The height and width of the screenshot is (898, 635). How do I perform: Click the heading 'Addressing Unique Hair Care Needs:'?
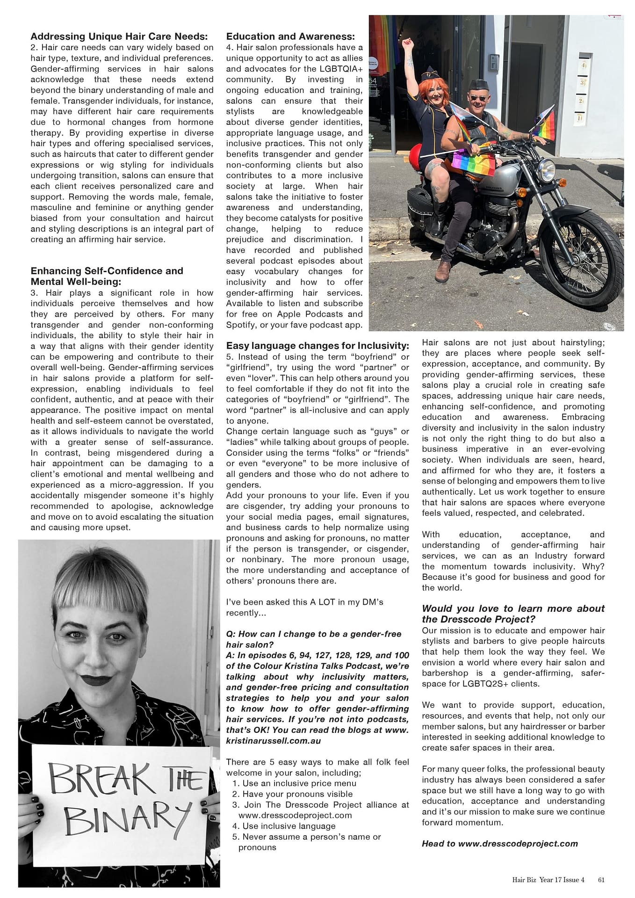119,36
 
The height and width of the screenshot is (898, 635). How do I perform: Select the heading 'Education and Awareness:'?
290,36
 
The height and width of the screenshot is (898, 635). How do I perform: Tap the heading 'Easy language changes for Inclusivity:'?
317,346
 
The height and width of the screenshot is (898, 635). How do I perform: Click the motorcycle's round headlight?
546,171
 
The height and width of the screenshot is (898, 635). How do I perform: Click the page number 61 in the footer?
601,880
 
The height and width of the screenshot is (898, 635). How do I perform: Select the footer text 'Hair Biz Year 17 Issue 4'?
548,880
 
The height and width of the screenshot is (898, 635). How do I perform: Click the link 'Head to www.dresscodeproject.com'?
499,844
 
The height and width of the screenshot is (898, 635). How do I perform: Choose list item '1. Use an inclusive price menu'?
294,783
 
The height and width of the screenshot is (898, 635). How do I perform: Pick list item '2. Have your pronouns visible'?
292,794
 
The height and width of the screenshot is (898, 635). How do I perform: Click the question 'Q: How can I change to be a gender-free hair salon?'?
314,639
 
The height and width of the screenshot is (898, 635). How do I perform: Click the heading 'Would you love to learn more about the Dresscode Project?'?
513,614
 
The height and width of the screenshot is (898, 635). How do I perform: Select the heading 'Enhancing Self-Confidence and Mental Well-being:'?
107,276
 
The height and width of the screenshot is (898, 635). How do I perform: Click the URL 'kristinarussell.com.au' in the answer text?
274,741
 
